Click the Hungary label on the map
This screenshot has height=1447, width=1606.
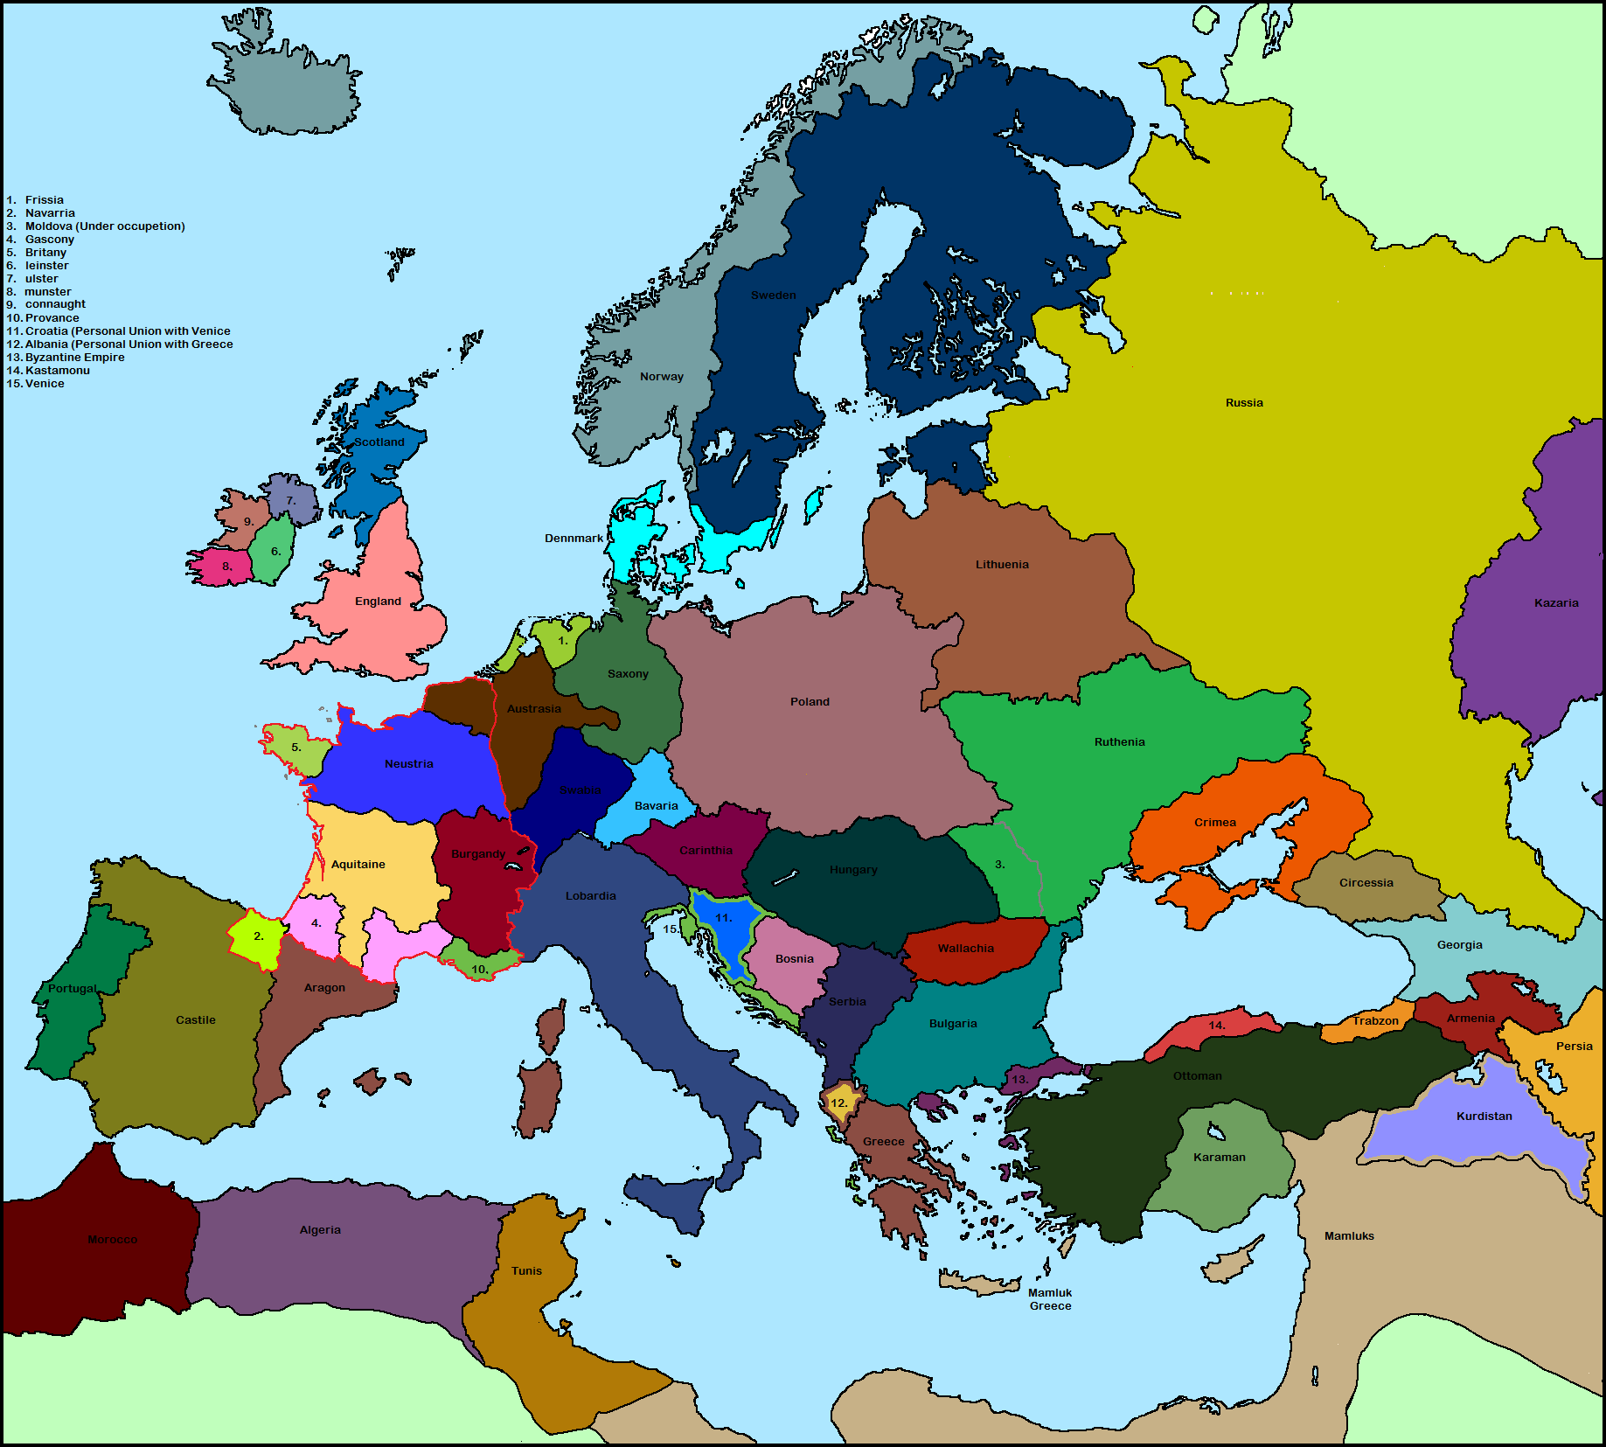[853, 870]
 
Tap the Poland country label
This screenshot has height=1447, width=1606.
[810, 702]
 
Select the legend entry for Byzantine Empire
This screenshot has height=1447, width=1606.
[74, 358]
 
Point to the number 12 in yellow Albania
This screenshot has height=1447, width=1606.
[838, 1103]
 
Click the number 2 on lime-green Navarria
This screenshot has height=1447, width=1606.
[258, 936]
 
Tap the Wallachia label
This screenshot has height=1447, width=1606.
[965, 949]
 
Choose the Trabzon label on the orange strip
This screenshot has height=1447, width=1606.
[1375, 1021]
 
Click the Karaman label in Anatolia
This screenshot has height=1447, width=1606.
[1219, 1158]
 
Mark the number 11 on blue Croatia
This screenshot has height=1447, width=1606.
[723, 918]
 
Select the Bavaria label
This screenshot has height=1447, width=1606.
[656, 806]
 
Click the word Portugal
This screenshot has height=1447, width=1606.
[73, 989]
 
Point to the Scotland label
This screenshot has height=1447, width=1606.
[379, 442]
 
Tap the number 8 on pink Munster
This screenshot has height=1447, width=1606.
[226, 567]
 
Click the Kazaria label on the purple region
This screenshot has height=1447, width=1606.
[1556, 603]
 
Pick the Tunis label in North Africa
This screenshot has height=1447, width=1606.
[526, 1271]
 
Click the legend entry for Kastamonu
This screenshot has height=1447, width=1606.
[57, 371]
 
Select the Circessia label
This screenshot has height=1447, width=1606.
[1366, 883]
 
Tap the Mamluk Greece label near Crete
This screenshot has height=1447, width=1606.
[1050, 1299]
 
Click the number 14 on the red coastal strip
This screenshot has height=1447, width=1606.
[1216, 1026]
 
